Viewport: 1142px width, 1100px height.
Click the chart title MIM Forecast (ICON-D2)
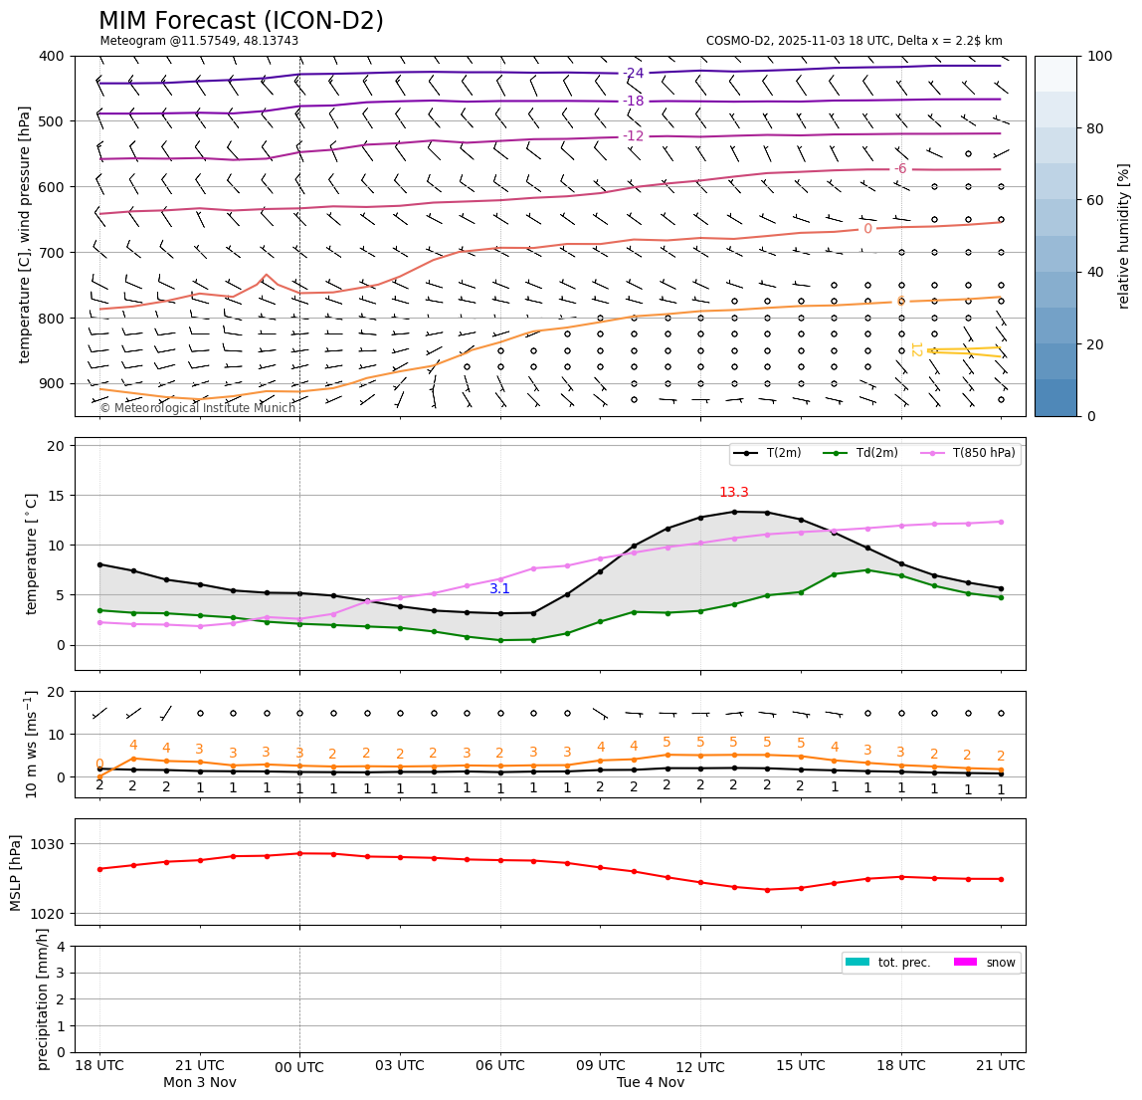(241, 21)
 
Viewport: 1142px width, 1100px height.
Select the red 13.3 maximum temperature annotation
(733, 493)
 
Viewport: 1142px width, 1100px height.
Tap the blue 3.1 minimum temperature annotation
(499, 589)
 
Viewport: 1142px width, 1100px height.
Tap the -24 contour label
(633, 73)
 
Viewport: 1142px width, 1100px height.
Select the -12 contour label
(633, 135)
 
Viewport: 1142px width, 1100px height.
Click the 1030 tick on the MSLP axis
(51, 844)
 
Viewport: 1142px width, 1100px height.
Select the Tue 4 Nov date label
(651, 1083)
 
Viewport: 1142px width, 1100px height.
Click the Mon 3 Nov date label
(199, 1083)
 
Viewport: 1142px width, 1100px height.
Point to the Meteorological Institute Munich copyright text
(198, 408)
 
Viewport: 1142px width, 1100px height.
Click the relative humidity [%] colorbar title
(1124, 236)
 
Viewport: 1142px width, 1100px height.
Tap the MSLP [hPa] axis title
(16, 872)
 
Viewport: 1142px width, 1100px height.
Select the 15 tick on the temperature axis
(56, 496)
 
